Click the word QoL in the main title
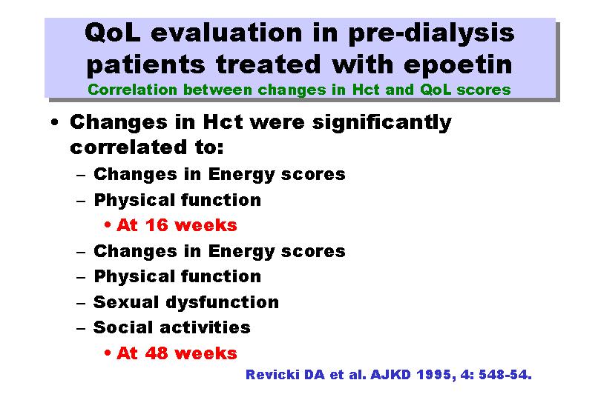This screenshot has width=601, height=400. (112, 33)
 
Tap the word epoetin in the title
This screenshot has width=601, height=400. (458, 64)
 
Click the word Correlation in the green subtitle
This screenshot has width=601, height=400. (132, 90)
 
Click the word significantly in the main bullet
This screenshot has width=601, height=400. (382, 123)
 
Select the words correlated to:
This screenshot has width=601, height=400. (147, 147)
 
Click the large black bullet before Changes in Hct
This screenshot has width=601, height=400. (55, 122)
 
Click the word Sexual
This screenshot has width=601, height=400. (126, 302)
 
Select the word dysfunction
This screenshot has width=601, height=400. (223, 303)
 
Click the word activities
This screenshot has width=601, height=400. (205, 327)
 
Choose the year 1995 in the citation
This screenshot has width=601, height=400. (436, 375)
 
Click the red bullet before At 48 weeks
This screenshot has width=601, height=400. (108, 353)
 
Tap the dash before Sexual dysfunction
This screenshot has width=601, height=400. (81, 304)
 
